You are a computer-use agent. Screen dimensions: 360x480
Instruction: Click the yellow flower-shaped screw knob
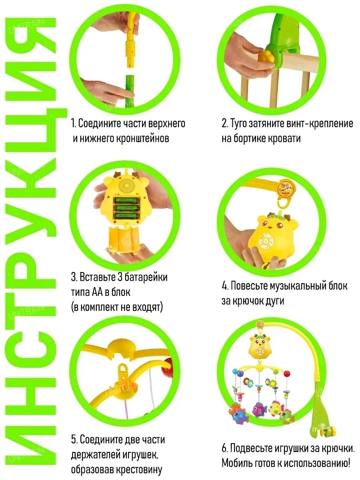[x=266, y=57]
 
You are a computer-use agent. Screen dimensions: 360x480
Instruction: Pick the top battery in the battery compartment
[x=126, y=200]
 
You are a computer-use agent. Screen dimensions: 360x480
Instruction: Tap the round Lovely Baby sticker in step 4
[x=286, y=189]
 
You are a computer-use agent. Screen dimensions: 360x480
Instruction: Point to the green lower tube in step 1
[x=130, y=91]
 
